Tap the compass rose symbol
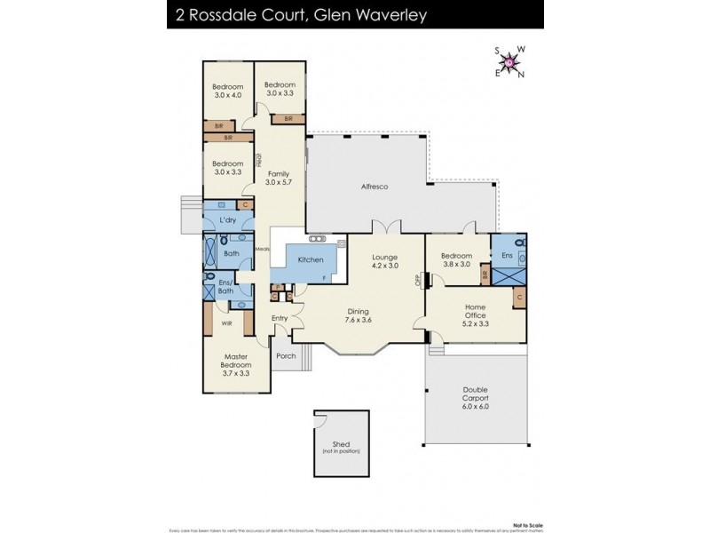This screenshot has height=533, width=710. (510, 62)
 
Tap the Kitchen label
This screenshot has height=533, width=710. (311, 259)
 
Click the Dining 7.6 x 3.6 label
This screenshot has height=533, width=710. (359, 317)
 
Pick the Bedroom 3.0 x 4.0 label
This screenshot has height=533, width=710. (227, 91)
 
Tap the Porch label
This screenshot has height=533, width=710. (286, 356)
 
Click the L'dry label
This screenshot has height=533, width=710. (226, 219)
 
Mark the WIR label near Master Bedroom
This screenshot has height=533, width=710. (227, 324)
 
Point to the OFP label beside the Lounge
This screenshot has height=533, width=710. (418, 281)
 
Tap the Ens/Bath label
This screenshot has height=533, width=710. (225, 287)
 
